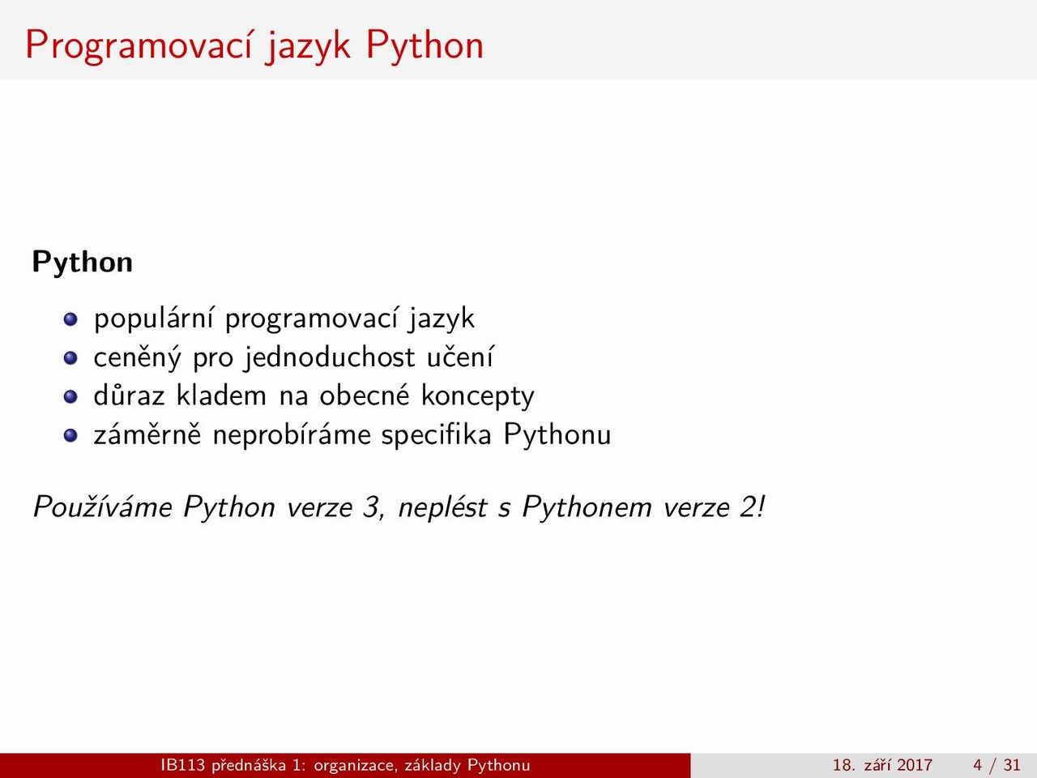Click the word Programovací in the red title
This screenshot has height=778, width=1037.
[x=139, y=45]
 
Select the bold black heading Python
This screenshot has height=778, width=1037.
[x=82, y=262]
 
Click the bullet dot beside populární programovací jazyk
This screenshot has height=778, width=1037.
[x=70, y=319]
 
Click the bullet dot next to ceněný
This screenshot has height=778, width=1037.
[x=70, y=358]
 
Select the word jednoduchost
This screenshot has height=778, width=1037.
[x=329, y=357]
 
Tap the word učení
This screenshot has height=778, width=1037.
[x=460, y=357]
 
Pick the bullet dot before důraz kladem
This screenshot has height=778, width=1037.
[x=70, y=397]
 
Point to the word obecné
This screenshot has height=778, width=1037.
[x=365, y=395]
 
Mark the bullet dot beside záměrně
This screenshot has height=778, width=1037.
[x=70, y=435]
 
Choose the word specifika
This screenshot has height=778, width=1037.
[x=437, y=435]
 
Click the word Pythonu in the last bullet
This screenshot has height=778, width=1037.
[x=557, y=435]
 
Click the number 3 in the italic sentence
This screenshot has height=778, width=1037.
[x=372, y=507]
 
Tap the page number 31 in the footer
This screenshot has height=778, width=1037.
[x=1011, y=765]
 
